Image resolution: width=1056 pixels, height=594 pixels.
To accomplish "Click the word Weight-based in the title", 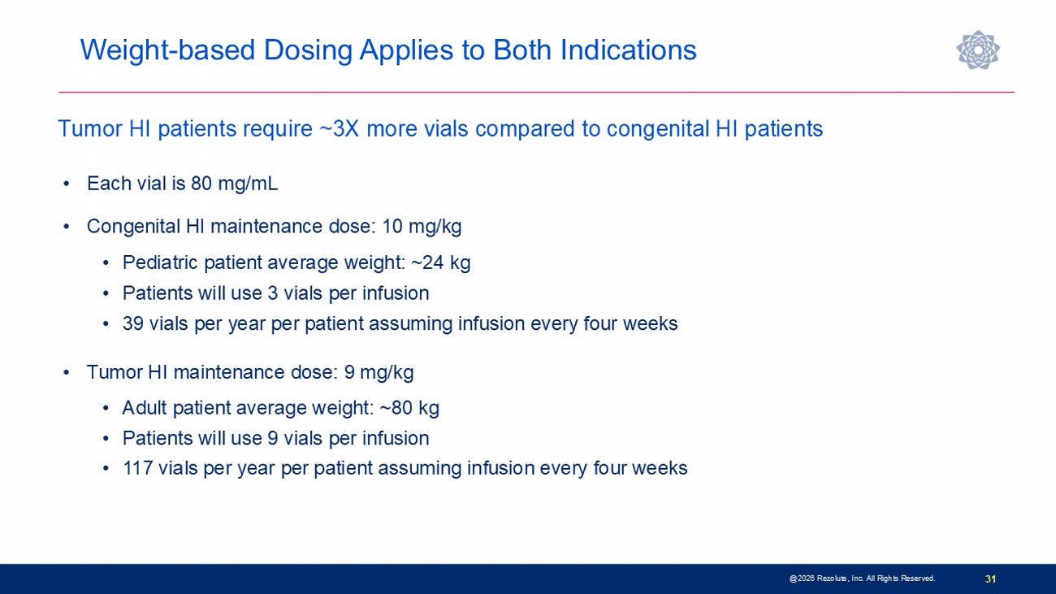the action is [167, 50].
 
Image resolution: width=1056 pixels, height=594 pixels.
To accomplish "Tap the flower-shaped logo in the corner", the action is [978, 50].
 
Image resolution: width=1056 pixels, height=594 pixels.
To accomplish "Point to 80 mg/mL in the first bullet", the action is [234, 184].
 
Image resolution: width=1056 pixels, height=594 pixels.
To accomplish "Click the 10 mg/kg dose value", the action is [422, 227].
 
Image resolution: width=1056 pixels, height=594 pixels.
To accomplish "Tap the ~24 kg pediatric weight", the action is [441, 262].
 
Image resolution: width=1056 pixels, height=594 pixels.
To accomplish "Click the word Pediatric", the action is [160, 262].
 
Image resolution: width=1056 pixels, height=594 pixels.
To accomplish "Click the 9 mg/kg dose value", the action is [379, 372].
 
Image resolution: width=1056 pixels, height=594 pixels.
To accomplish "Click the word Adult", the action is [145, 407].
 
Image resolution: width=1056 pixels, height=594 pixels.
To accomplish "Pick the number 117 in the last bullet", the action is [137, 468].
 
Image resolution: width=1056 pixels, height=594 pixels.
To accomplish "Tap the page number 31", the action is [990, 579].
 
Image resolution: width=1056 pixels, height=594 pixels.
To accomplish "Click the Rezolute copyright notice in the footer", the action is [862, 579].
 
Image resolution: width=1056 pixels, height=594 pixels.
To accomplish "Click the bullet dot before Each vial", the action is [67, 184].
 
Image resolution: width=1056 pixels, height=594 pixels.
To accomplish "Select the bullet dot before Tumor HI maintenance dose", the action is [67, 372].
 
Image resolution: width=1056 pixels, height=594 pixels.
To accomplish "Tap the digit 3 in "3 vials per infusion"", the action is [273, 293].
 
